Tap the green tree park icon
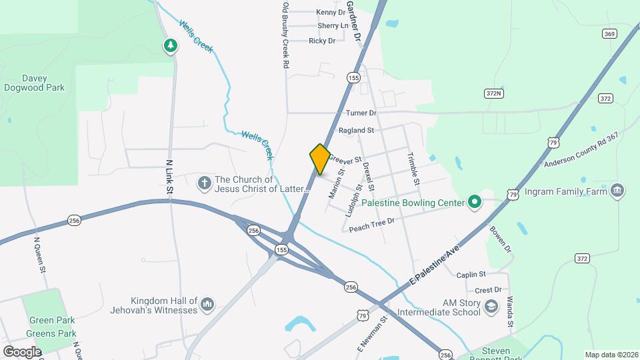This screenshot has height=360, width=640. pos(171,45)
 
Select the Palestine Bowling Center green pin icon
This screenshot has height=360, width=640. pos(474,201)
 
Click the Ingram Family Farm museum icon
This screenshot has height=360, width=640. pos(617,191)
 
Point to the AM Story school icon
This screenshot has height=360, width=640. pos(491,307)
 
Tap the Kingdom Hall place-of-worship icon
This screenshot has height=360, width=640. pos(207,305)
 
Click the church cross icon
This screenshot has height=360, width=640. pos(204,181)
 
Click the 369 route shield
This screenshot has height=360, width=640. pos(608,33)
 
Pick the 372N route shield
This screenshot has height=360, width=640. pos(493,93)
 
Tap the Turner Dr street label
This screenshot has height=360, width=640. pos(361,113)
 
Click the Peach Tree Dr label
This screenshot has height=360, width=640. pos(372,223)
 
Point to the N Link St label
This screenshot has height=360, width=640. pos(169,177)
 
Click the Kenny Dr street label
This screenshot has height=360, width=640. pos(331,12)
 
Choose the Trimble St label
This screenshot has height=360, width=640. pos(414,170)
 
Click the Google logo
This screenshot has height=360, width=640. pos(22,351)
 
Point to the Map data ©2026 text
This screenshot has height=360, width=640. pos(611,355)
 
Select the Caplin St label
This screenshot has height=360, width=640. pos(471,275)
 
